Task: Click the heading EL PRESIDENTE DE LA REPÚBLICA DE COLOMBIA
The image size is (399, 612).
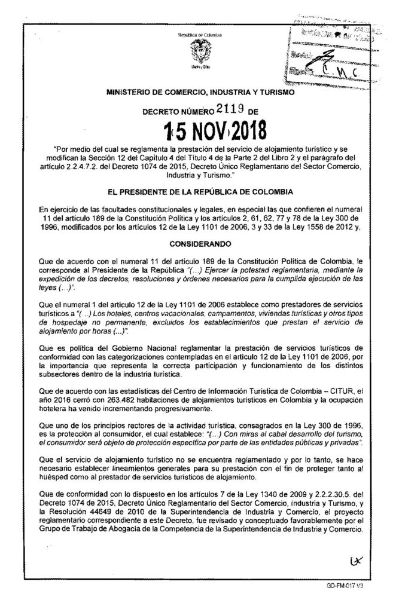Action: [199, 191]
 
